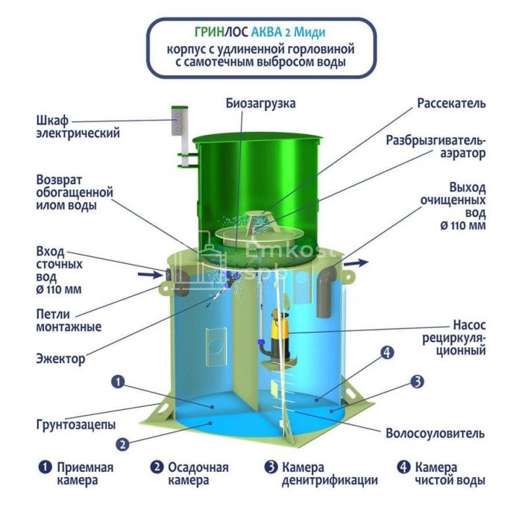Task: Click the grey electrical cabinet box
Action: coord(180,121)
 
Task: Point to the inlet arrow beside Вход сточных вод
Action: coord(149,275)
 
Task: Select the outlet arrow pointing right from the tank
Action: coord(356,263)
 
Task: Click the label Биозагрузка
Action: coord(261,103)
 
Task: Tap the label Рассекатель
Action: coord(451,103)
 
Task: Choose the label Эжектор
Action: coord(60,359)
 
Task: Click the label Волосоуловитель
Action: coord(435,433)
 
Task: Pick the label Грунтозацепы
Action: coord(76,425)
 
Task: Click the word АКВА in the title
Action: coord(266,32)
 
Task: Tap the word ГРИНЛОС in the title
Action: coord(221,32)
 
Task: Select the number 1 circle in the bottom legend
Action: coord(45,467)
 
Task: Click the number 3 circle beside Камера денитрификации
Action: coord(271,467)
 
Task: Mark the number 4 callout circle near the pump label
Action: coord(387,353)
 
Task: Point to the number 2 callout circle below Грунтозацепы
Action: coord(122,444)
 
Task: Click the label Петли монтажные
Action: coord(69,321)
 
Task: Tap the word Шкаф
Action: coord(52,120)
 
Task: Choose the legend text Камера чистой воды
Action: coord(450,474)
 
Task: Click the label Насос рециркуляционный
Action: coord(454,338)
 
